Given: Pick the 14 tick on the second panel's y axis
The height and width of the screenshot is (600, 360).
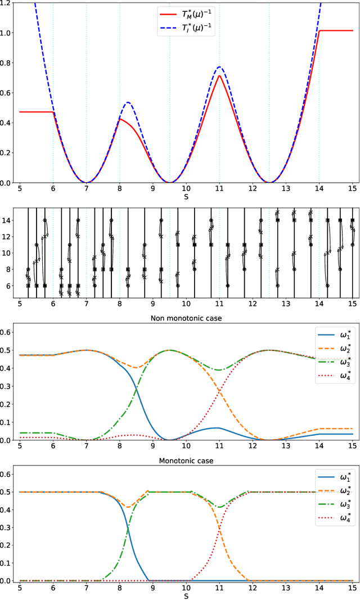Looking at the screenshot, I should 10,220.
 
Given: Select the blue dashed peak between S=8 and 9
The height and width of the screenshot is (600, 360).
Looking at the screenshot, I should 128,102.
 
